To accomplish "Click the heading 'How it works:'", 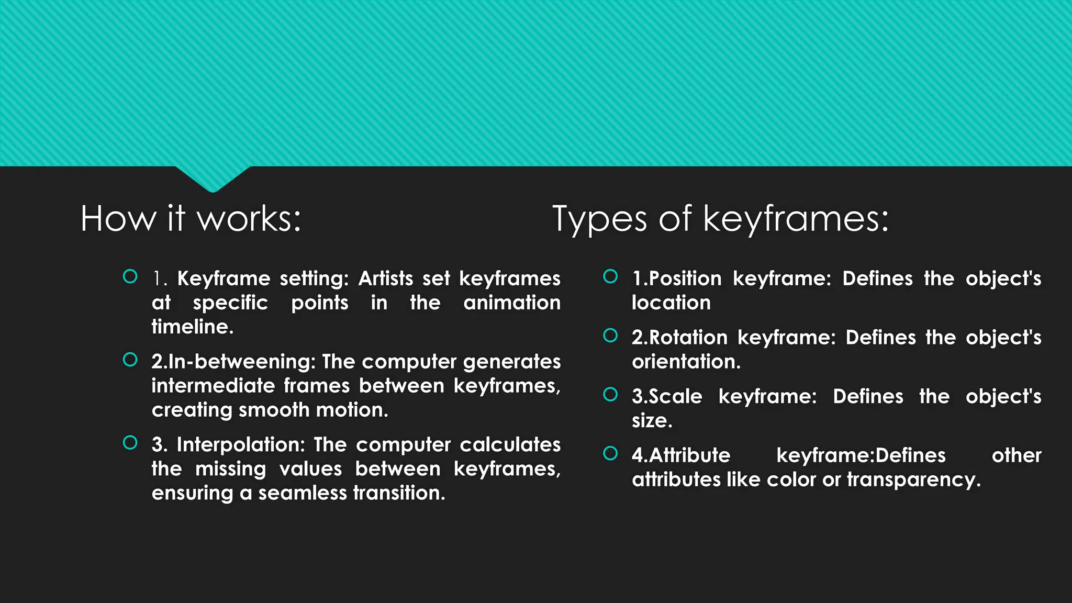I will (x=191, y=218).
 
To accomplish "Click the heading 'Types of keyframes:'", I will (x=720, y=218).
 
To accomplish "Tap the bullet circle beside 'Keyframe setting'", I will (x=130, y=276).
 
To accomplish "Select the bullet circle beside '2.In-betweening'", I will (x=130, y=360).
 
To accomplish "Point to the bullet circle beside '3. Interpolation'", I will (x=130, y=443).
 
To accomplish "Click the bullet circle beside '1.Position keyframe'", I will (x=610, y=276).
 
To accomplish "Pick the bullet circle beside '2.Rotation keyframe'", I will (x=610, y=336).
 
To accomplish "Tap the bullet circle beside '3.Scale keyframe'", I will (x=610, y=394).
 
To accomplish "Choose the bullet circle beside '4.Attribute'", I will (x=610, y=453).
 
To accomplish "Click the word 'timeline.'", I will (x=193, y=327).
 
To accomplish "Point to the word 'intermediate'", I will (x=213, y=386).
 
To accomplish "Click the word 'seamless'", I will (x=302, y=493).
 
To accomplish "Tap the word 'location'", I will (x=671, y=303).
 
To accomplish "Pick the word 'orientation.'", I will (x=686, y=362).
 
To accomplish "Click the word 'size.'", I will (x=652, y=421).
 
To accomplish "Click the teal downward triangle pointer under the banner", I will (x=213, y=178).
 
